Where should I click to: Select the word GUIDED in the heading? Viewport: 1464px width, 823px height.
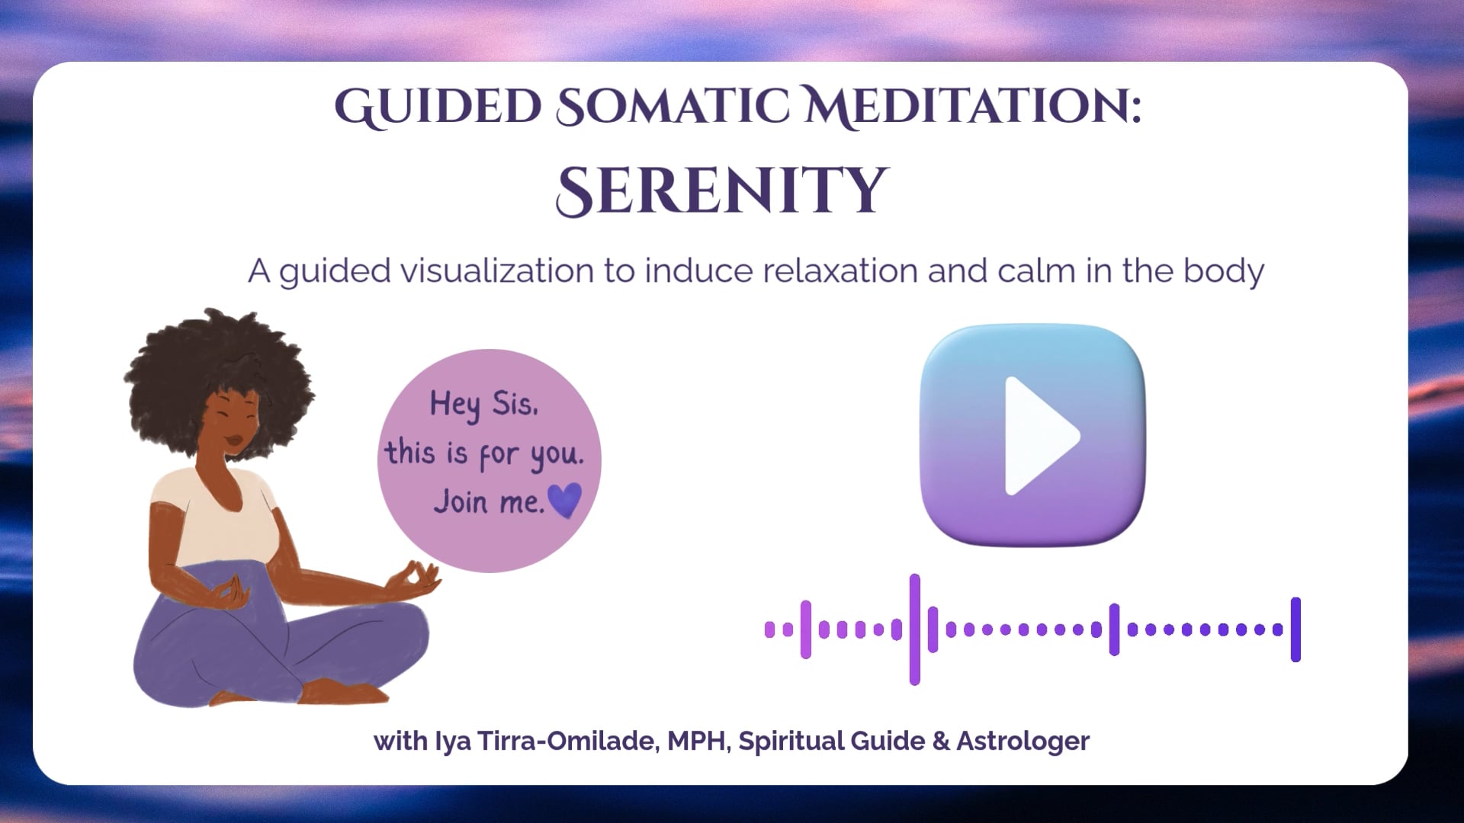[x=438, y=107]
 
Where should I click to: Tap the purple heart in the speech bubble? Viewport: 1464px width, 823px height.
[x=565, y=500]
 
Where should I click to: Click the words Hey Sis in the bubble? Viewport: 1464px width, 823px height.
[x=483, y=404]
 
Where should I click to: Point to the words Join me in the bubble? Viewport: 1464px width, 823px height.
[x=488, y=501]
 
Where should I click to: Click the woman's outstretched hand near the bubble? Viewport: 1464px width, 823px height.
[x=416, y=581]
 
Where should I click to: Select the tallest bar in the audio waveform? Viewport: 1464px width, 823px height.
[x=915, y=629]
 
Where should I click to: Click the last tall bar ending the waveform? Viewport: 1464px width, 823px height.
[x=1295, y=629]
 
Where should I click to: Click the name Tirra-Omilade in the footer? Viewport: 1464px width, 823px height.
[x=567, y=741]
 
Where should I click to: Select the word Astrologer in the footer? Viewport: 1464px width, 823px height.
[x=1023, y=741]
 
